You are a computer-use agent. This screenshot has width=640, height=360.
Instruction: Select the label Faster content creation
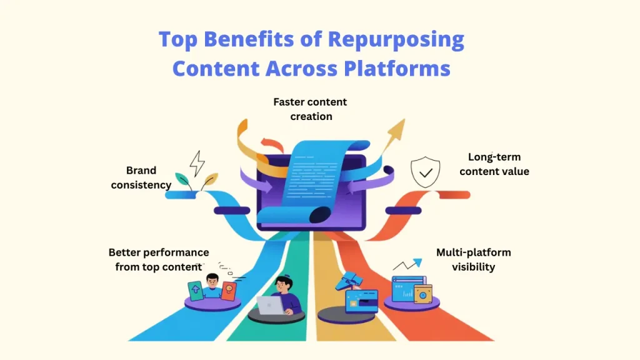(x=311, y=109)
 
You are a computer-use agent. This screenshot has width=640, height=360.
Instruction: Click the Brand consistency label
(x=141, y=177)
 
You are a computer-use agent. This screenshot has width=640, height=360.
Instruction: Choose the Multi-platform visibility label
(x=473, y=260)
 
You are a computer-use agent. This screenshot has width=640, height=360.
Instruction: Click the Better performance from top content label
(x=158, y=259)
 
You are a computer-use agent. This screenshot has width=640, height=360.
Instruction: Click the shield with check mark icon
(x=425, y=173)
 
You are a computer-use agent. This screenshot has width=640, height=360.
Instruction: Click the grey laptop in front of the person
(x=269, y=306)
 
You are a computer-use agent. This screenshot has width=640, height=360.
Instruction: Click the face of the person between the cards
(x=212, y=282)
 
